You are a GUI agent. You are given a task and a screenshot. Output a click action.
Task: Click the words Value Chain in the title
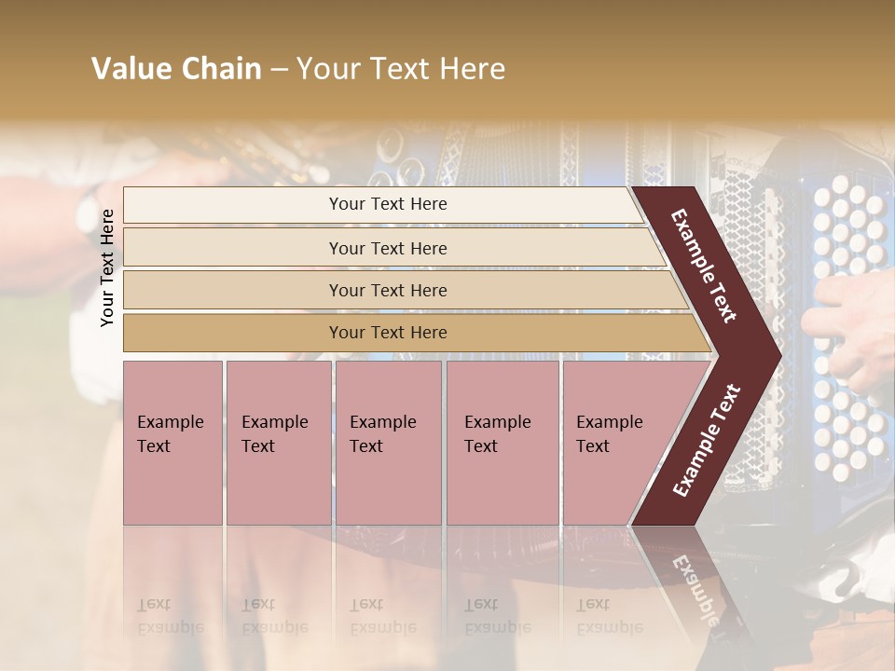point(176,69)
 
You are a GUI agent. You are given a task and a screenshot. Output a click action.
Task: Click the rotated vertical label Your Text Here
point(107,267)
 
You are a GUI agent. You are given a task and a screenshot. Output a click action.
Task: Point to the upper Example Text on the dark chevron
point(704,266)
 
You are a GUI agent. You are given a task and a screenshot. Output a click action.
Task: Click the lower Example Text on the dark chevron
point(707,440)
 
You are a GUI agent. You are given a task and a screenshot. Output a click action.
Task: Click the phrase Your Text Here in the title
point(401,69)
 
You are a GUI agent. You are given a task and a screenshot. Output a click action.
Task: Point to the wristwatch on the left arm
point(89,207)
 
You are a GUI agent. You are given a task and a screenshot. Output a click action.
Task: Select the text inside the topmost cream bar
point(388,204)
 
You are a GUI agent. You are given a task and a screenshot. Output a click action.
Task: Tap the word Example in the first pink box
point(170,422)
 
